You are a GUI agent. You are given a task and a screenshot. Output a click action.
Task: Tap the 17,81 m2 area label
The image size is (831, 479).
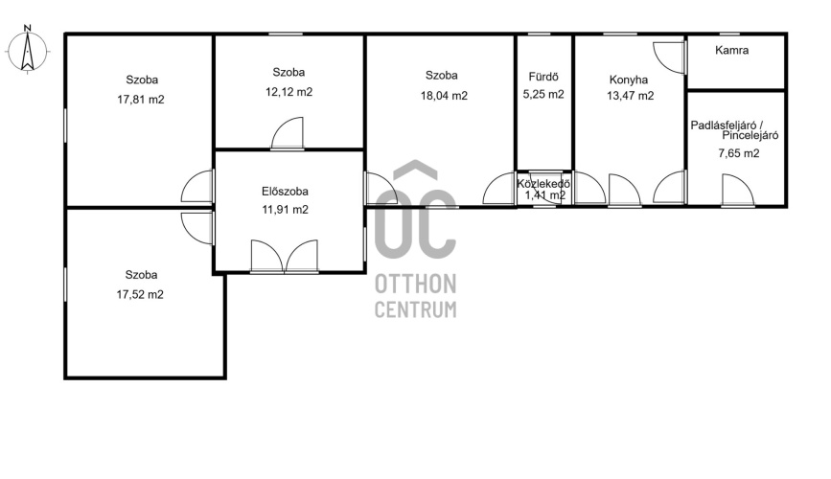[141, 100]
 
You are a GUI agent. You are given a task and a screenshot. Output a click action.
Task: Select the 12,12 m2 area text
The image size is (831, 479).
[289, 92]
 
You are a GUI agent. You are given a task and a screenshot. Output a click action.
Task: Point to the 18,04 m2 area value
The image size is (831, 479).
[444, 96]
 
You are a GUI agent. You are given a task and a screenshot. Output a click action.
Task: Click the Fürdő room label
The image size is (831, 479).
[543, 78]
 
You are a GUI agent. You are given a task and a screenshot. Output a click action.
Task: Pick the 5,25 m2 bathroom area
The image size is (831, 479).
[543, 94]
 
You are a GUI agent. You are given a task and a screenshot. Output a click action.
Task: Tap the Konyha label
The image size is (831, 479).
[629, 80]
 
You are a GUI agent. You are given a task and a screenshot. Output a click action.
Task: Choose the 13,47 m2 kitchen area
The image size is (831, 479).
[630, 96]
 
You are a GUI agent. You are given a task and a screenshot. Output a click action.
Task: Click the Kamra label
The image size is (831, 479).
[732, 51]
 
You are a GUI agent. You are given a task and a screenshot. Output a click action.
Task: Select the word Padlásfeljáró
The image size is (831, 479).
[723, 125]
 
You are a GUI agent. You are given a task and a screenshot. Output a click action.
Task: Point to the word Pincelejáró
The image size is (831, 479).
[750, 136]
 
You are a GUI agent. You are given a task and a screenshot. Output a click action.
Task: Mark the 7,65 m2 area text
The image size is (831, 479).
[739, 153]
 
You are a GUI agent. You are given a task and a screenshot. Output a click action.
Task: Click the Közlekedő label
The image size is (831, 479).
[543, 184]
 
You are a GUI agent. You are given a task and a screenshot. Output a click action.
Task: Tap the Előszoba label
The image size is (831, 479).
[285, 192]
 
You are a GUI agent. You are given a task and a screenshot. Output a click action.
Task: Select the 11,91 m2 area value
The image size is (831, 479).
[285, 210]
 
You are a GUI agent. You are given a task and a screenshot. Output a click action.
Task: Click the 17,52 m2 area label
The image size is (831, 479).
[140, 295]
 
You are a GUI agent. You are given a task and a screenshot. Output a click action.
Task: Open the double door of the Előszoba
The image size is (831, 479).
[285, 257]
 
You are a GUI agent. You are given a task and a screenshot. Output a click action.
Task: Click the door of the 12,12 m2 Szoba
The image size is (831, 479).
[288, 133]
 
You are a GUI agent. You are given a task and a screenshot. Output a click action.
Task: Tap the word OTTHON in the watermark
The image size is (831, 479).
[416, 285]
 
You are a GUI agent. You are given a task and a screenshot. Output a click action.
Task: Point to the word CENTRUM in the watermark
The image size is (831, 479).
[416, 309]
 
